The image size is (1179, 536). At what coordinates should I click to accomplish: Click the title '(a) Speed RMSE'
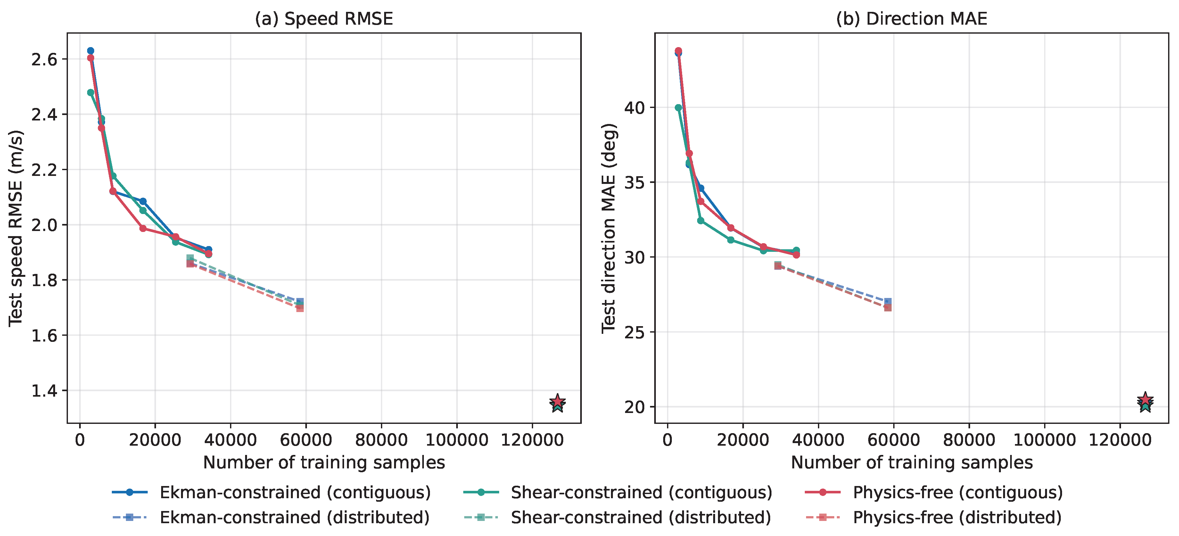click(x=324, y=19)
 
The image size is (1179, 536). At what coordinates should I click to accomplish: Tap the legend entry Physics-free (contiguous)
click(x=934, y=492)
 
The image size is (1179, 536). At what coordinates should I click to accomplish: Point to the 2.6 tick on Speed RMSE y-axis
click(x=44, y=60)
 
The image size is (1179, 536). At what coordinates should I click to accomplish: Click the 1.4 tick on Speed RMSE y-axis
click(x=44, y=391)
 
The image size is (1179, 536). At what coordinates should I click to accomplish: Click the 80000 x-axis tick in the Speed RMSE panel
click(x=381, y=440)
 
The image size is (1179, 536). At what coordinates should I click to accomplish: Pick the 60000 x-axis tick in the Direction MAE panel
click(x=894, y=440)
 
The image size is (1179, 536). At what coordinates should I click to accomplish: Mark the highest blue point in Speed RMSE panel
click(x=91, y=51)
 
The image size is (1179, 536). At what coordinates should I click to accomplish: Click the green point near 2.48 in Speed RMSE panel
click(x=91, y=93)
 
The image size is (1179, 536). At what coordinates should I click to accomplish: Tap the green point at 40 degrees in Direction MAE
click(x=678, y=108)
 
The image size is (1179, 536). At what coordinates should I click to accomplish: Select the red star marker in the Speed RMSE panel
click(x=557, y=401)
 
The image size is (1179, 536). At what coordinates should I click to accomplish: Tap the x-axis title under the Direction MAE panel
click(x=912, y=463)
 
